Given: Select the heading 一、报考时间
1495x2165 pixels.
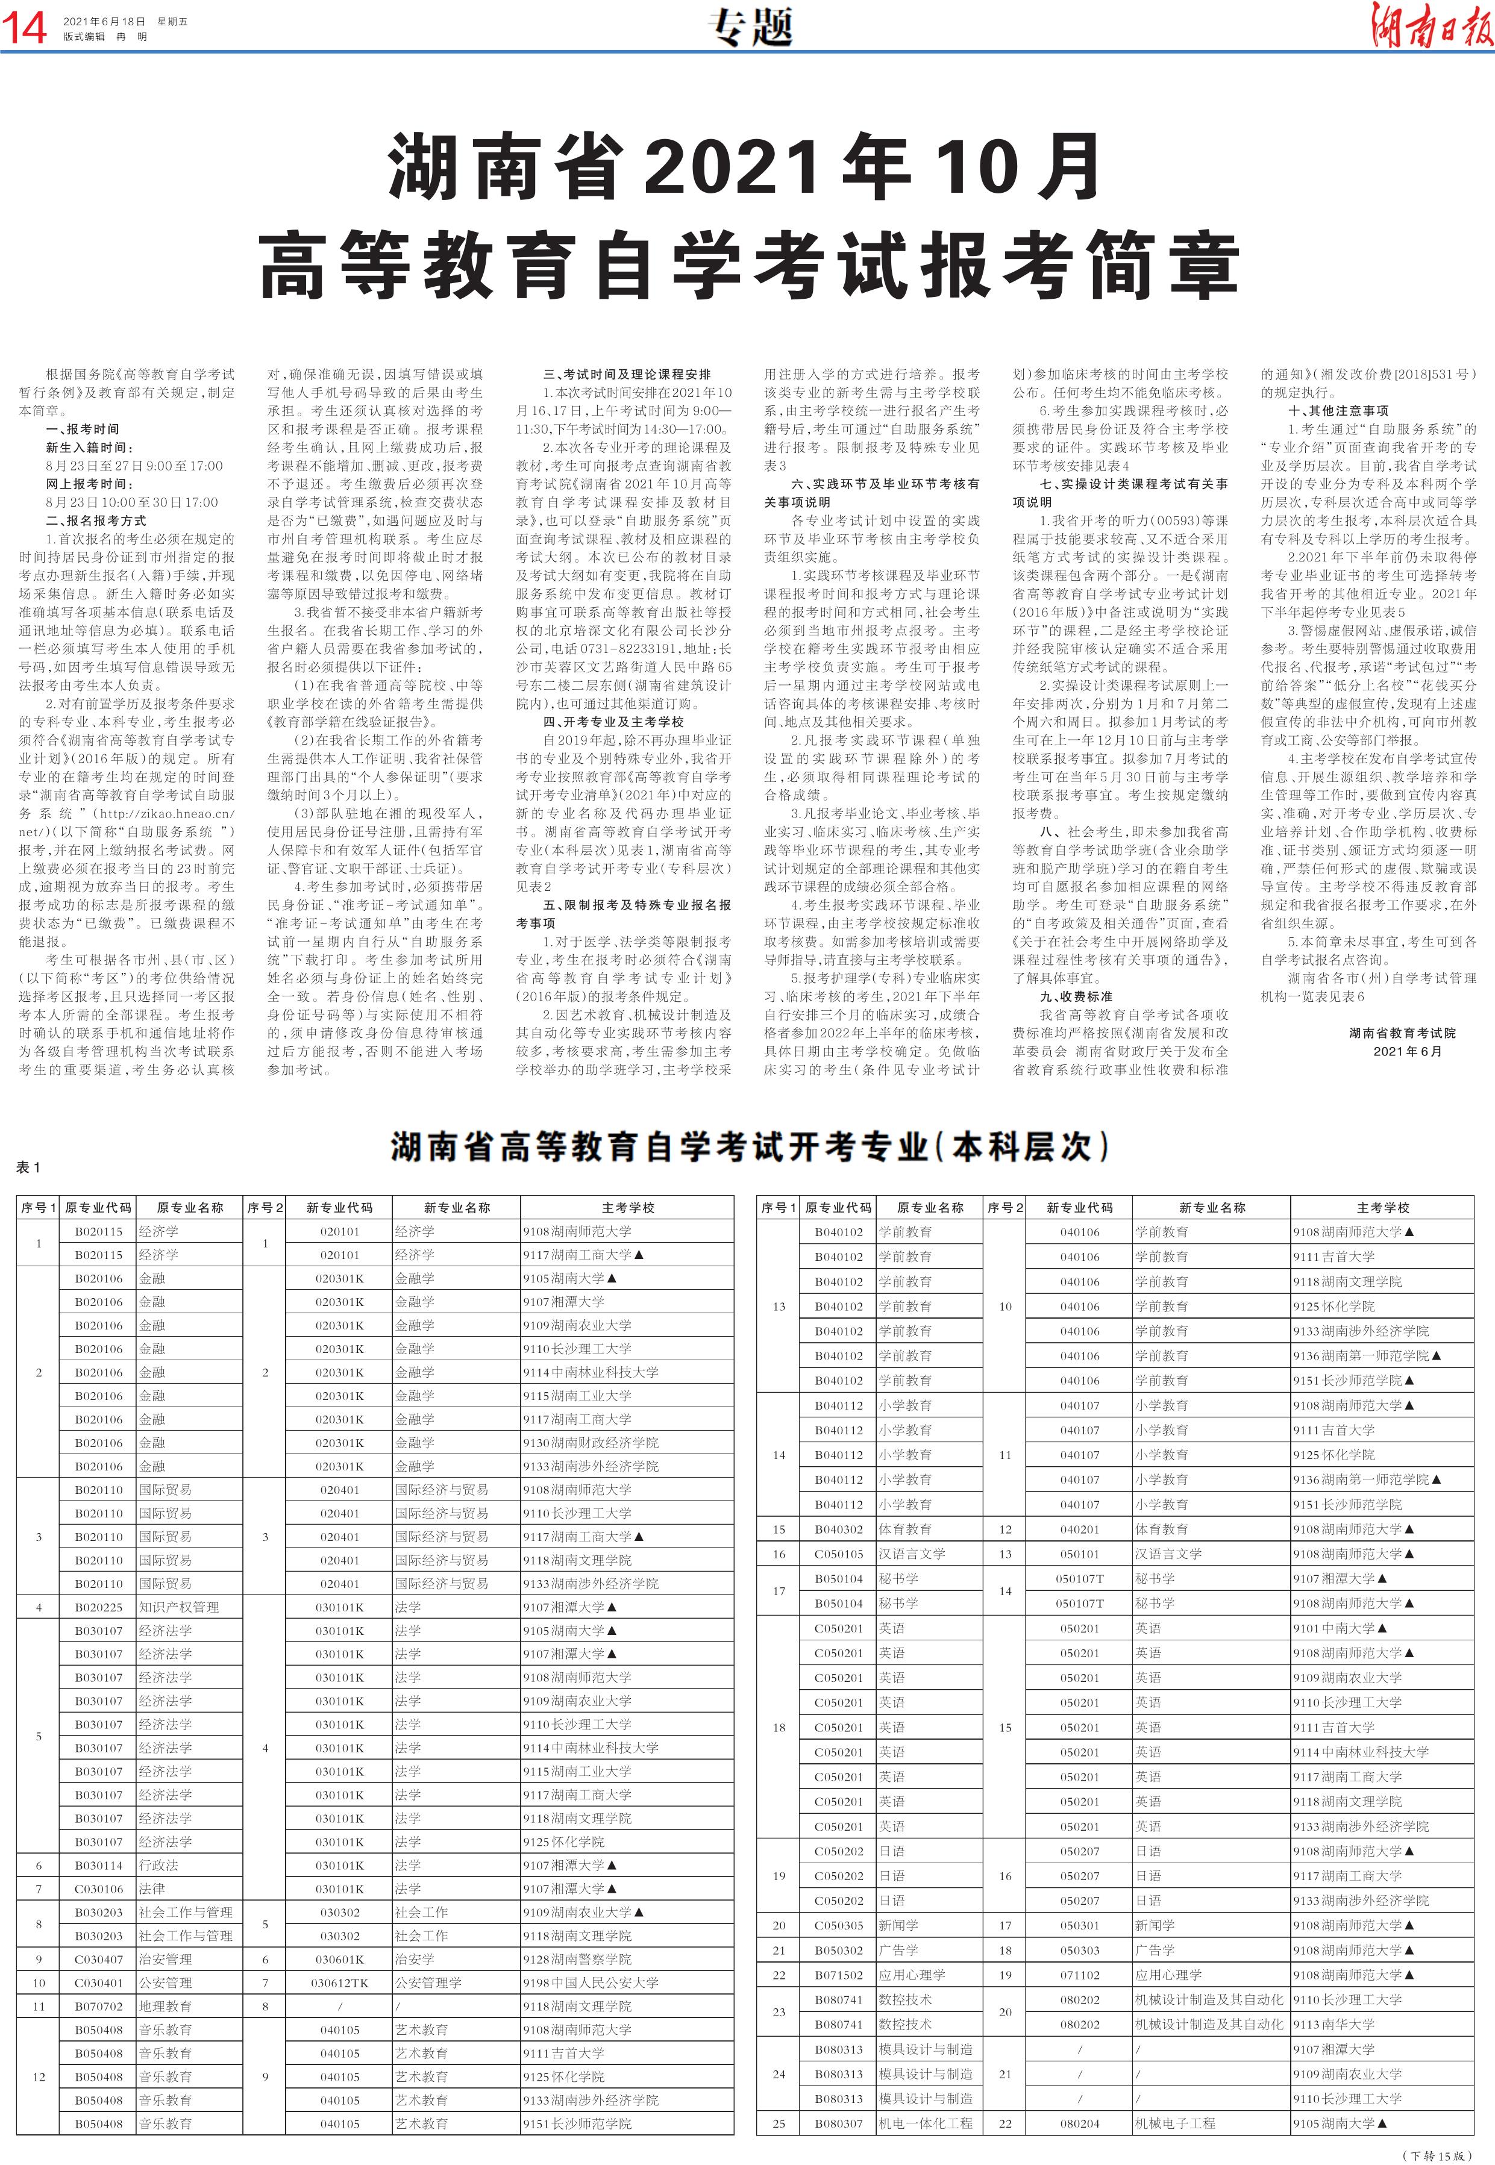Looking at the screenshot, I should pyautogui.click(x=83, y=429).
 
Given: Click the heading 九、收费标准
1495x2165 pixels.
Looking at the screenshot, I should pyautogui.click(x=1076, y=996).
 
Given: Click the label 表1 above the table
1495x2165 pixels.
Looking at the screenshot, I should pyautogui.click(x=29, y=1167).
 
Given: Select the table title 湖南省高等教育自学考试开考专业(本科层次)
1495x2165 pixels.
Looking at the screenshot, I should pyautogui.click(x=750, y=1147).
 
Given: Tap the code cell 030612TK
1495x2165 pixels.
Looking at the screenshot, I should pyautogui.click(x=339, y=1982).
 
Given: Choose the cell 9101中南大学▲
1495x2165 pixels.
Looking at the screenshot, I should pyautogui.click(x=1340, y=1628).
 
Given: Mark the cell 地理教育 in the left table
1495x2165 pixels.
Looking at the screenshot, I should pyautogui.click(x=165, y=2006).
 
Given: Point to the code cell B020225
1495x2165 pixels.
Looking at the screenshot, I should pyautogui.click(x=98, y=1607).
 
